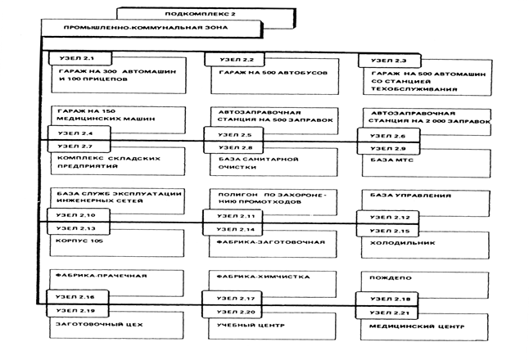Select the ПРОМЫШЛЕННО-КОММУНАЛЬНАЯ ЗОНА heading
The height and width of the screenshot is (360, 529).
coord(146,28)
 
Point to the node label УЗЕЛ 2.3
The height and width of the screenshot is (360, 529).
coord(389,61)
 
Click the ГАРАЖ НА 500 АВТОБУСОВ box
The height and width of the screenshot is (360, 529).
coord(274,77)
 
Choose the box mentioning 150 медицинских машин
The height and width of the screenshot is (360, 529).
coord(118,119)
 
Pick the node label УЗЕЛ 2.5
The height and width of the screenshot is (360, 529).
coord(234,134)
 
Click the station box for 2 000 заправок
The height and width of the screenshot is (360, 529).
coord(427,122)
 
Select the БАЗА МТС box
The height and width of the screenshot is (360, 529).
coord(426,164)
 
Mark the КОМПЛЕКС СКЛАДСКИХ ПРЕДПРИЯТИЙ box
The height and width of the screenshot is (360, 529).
coord(118,161)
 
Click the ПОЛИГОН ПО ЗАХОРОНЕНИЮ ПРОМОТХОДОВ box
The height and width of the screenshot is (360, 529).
coord(274,202)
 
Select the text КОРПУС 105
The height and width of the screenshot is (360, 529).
coord(79,241)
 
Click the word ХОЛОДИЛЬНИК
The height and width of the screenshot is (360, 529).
coord(403,243)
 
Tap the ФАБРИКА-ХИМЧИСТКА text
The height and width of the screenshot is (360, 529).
coord(263,277)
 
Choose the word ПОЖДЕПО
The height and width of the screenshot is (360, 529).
coord(391,278)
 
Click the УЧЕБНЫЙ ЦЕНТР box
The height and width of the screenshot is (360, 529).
coord(272,326)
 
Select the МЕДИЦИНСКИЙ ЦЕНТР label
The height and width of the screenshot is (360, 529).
coord(417,326)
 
